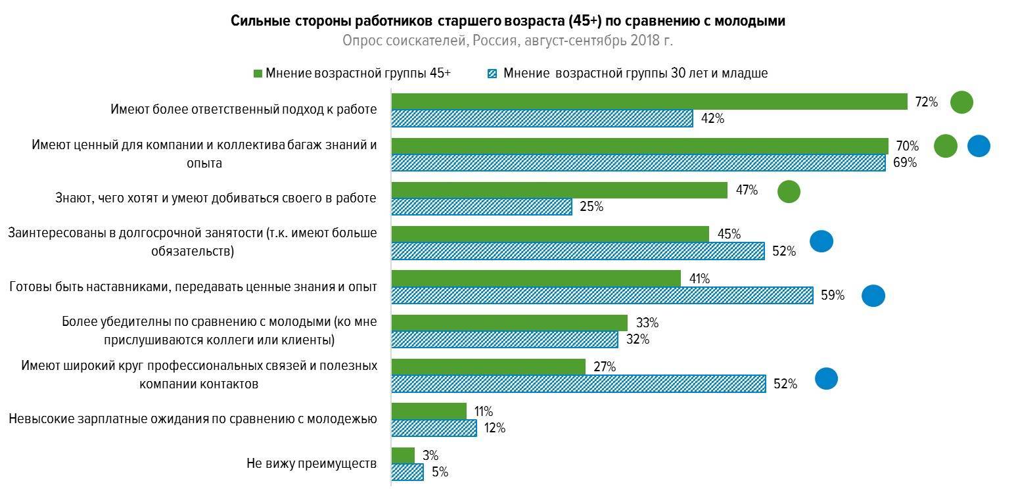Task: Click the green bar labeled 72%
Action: click(x=649, y=101)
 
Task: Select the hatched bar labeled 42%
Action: click(x=542, y=119)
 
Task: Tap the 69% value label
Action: click(x=904, y=162)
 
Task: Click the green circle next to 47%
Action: click(x=789, y=192)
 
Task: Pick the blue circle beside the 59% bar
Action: click(x=873, y=296)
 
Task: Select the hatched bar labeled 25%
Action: click(x=482, y=207)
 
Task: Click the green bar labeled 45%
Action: click(x=550, y=234)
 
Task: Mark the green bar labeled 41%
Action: click(x=536, y=279)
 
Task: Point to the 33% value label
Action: click(x=647, y=323)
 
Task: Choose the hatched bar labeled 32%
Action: click(x=505, y=340)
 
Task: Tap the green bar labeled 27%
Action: click(x=488, y=367)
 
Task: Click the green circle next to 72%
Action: click(x=961, y=103)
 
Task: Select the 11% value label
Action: click(x=484, y=412)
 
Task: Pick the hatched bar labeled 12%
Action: click(x=434, y=428)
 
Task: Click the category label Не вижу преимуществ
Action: click(x=312, y=463)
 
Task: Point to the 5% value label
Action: click(x=440, y=472)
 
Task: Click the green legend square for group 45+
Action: click(x=258, y=73)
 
